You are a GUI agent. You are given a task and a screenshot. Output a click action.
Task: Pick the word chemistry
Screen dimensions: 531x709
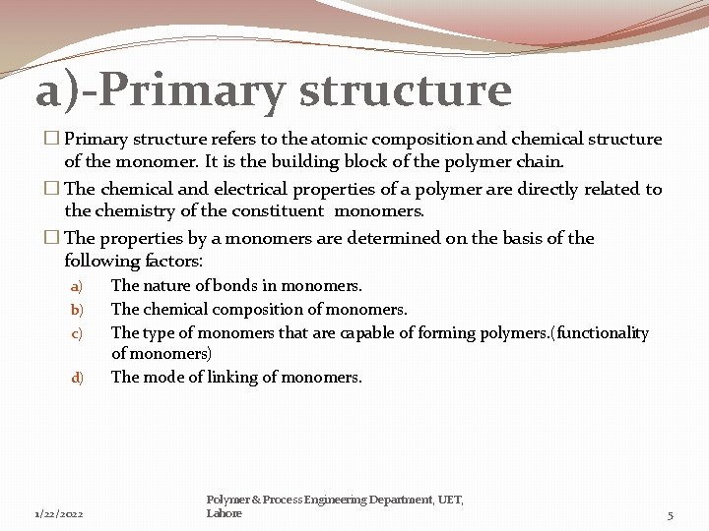tap(138, 211)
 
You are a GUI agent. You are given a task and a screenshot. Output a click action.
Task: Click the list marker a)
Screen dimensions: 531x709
tap(76, 287)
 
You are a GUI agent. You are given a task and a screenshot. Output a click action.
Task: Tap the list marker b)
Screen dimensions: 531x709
tap(76, 311)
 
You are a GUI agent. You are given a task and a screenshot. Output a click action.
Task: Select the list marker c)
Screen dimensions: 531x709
tap(76, 334)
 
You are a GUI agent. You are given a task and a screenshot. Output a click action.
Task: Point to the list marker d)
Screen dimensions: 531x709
tap(76, 378)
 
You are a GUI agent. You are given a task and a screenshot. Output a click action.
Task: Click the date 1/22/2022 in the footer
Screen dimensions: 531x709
tap(58, 514)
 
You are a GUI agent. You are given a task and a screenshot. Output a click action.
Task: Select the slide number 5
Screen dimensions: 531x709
tap(671, 515)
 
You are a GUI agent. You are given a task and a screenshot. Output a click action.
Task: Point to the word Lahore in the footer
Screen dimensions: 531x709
tap(224, 513)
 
